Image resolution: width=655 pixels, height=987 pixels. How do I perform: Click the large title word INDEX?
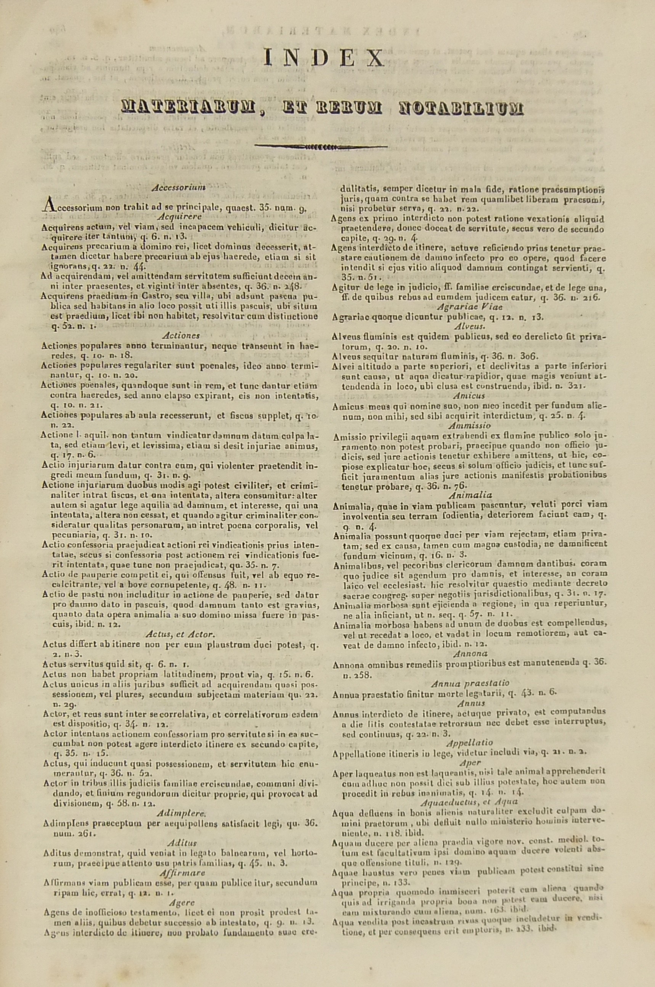click(x=324, y=58)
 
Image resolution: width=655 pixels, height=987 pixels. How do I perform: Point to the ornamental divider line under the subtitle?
click(x=321, y=147)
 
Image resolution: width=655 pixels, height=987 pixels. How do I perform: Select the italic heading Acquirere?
click(x=180, y=217)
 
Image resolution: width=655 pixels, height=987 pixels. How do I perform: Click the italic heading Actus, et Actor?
click(x=180, y=634)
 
